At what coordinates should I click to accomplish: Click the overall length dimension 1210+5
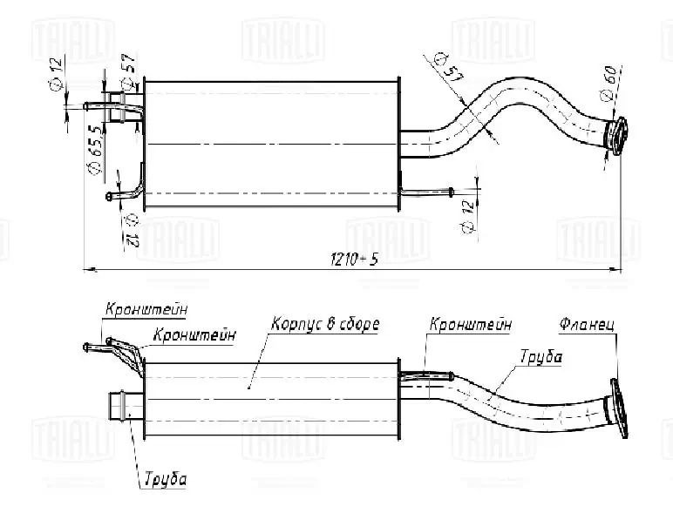click(x=353, y=260)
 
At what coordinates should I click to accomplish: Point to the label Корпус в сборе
click(x=324, y=324)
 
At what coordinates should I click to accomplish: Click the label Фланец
click(x=588, y=325)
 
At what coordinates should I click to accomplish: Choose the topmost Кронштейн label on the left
click(x=146, y=308)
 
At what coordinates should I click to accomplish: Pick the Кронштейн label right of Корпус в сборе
click(x=469, y=324)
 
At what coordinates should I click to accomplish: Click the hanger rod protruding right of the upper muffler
click(x=427, y=190)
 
